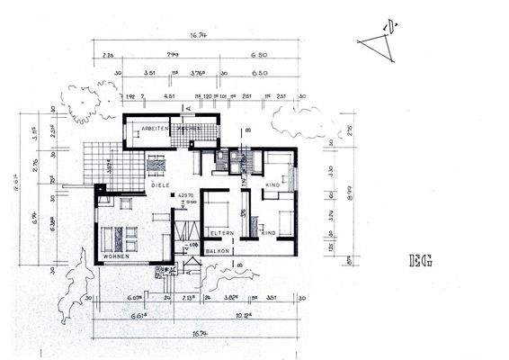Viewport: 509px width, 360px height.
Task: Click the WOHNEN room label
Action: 117,256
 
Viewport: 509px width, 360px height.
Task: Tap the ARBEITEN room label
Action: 156,130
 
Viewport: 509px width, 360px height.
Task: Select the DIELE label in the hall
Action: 160,184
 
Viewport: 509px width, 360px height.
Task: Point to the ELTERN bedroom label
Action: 222,234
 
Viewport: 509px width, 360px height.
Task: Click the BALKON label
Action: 219,253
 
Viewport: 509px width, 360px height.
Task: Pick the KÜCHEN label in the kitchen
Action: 201,130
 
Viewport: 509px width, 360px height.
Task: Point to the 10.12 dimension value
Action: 244,316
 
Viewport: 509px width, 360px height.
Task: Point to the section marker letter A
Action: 189,107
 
